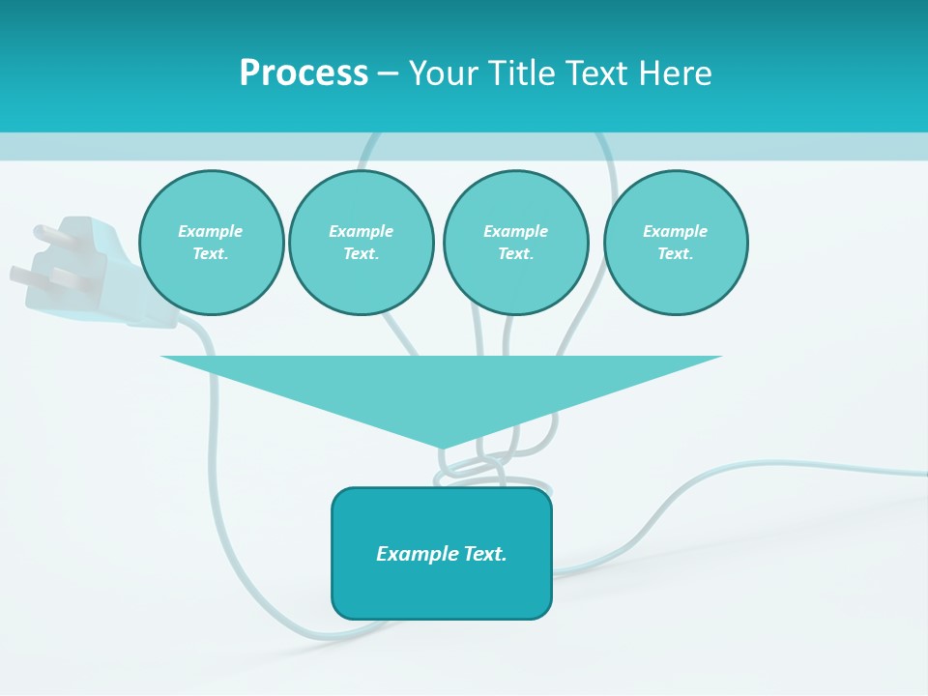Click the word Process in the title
304,73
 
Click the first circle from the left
212,243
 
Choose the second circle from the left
362,243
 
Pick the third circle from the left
515,243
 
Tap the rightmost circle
676,243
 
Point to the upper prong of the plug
48,233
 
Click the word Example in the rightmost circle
675,231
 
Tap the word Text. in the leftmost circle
211,254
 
